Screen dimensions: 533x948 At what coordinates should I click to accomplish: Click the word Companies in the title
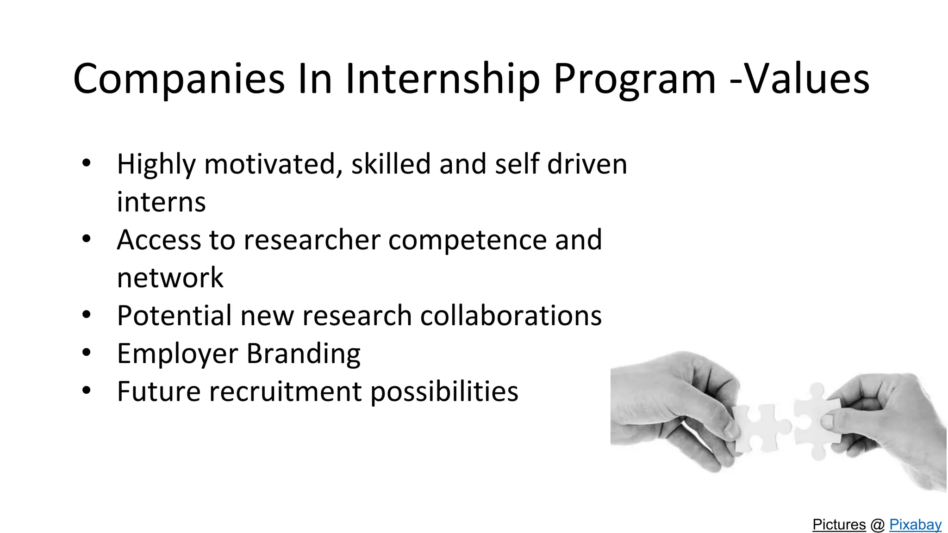[179, 79]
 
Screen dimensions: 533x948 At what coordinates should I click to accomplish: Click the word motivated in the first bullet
[270, 164]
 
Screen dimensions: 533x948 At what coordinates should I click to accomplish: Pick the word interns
[161, 202]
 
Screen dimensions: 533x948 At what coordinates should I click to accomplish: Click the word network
[170, 278]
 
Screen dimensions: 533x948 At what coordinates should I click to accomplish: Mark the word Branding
[303, 354]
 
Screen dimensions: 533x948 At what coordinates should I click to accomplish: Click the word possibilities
[444, 392]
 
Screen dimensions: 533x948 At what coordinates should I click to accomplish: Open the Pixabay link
[915, 525]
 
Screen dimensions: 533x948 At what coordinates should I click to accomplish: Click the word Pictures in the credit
[839, 525]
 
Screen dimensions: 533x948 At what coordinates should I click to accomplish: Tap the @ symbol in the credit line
[878, 525]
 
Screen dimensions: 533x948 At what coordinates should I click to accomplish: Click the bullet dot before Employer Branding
[86, 353]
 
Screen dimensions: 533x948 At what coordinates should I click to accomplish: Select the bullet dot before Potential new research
[86, 315]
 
